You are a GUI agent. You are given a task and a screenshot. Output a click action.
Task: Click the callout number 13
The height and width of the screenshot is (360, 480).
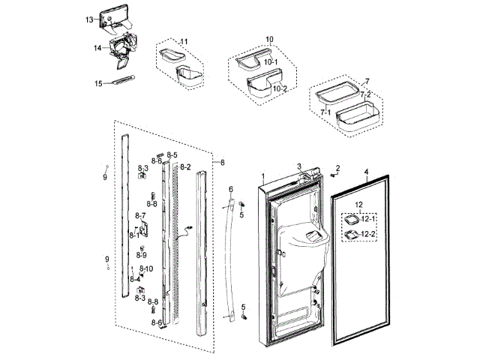(89, 19)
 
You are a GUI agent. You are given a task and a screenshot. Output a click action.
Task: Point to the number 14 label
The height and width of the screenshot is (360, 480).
(97, 48)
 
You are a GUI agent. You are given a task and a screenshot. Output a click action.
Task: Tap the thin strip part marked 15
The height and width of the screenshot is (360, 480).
(123, 81)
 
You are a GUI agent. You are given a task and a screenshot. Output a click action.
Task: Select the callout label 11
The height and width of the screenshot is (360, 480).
(184, 40)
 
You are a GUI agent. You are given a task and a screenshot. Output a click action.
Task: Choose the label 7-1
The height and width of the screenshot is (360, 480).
(325, 111)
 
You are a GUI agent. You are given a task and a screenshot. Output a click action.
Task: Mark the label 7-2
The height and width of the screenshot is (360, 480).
(365, 94)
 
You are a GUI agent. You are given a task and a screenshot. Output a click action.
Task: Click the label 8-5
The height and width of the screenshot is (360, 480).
(172, 155)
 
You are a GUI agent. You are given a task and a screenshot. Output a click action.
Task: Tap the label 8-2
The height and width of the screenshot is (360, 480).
(184, 166)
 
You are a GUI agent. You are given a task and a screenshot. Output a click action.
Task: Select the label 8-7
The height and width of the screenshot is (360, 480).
(139, 216)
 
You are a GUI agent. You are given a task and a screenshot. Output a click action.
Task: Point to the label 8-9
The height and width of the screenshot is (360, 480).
(141, 255)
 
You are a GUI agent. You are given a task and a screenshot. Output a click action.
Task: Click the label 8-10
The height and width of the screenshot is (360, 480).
(145, 268)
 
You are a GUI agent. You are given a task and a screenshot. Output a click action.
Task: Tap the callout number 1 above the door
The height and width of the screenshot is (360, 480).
(263, 175)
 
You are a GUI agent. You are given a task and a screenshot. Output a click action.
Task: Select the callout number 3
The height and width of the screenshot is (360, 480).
(298, 166)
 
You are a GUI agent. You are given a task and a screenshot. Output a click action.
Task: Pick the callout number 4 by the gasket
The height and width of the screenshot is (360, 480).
(366, 172)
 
